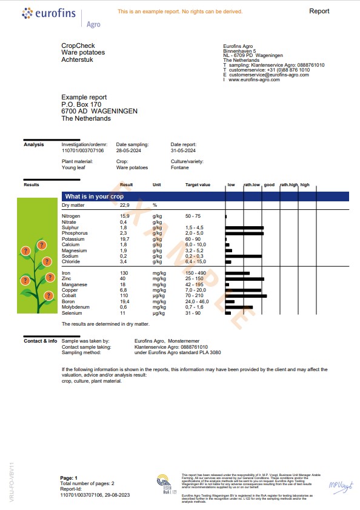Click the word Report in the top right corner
[x=319, y=11]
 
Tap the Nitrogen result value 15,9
[x=124, y=216]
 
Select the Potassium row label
[x=74, y=239]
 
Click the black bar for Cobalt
[x=245, y=296]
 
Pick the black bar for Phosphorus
[x=244, y=233]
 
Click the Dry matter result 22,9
[x=124, y=206]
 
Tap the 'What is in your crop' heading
[x=95, y=196]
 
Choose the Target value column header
[x=198, y=184]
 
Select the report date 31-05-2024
[x=183, y=150]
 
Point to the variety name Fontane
[x=179, y=167]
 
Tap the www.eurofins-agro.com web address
[x=255, y=79]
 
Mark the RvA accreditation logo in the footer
[x=164, y=484]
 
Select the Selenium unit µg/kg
[x=159, y=313]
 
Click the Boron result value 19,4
[x=125, y=301]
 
